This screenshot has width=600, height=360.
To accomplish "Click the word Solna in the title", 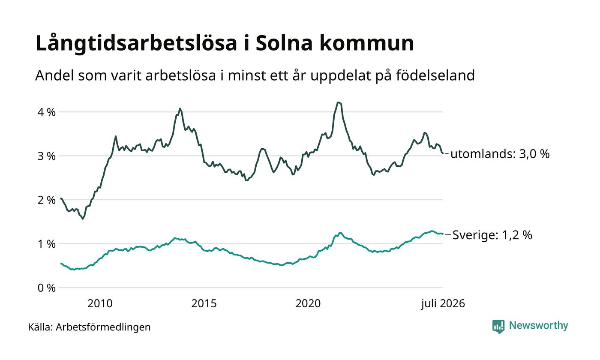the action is pyautogui.click(x=284, y=43).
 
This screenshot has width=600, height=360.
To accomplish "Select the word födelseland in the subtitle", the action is pyautogui.click(x=435, y=75).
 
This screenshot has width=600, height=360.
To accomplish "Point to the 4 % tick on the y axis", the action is pyautogui.click(x=47, y=112).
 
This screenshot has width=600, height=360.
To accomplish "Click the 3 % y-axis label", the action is pyautogui.click(x=47, y=156).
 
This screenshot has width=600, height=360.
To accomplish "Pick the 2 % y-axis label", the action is pyautogui.click(x=47, y=200).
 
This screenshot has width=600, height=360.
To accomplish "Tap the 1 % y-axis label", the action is pyautogui.click(x=47, y=244).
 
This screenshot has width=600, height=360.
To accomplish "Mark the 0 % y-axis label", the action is pyautogui.click(x=47, y=288).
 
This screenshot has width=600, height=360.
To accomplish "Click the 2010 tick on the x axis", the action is pyautogui.click(x=100, y=303).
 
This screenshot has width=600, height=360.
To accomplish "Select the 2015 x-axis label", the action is pyautogui.click(x=204, y=303).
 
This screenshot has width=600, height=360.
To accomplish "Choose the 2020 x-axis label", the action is pyautogui.click(x=308, y=303).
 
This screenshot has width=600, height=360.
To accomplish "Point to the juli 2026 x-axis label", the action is pyautogui.click(x=443, y=304).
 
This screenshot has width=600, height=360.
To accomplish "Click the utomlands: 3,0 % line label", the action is pyautogui.click(x=500, y=154).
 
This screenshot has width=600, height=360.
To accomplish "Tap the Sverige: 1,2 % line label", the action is pyautogui.click(x=492, y=235).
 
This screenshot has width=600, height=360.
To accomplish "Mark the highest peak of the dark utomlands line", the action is pyautogui.click(x=338, y=102).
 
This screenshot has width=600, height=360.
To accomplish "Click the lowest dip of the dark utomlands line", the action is pyautogui.click(x=83, y=219).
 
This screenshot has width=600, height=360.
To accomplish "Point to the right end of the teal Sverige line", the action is pyautogui.click(x=442, y=234).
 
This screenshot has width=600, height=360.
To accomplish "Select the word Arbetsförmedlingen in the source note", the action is pyautogui.click(x=103, y=327).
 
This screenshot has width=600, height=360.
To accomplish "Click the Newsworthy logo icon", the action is pyautogui.click(x=498, y=327).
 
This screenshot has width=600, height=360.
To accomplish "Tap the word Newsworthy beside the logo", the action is pyautogui.click(x=538, y=326).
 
